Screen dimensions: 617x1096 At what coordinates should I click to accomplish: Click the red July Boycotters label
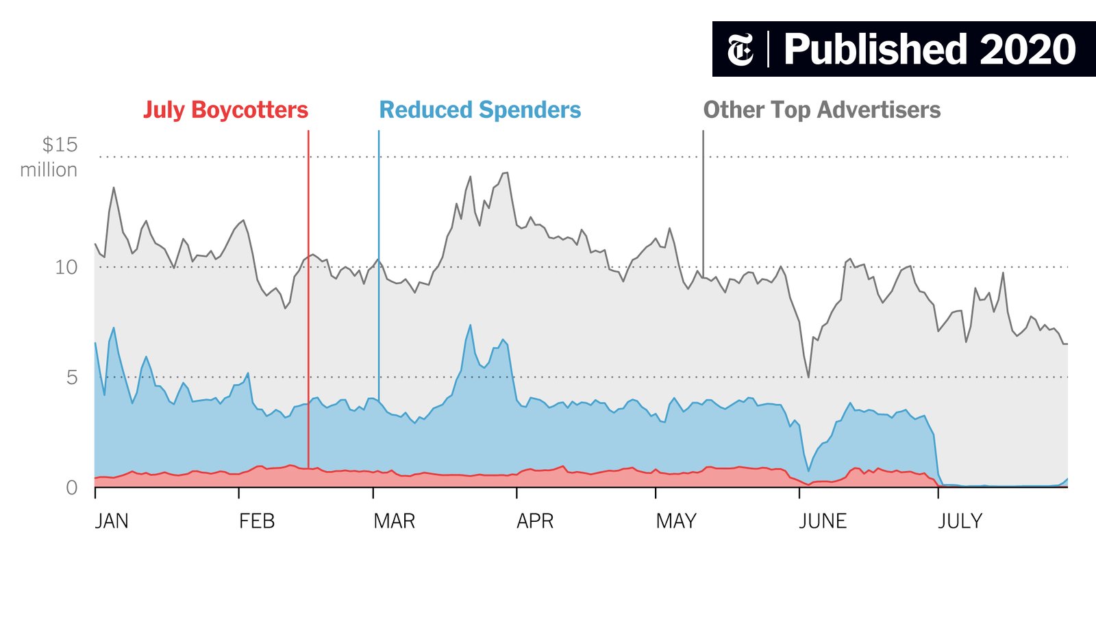[x=225, y=110]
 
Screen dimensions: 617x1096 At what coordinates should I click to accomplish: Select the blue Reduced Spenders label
[x=480, y=110]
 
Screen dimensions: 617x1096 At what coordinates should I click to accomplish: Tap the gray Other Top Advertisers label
[x=821, y=110]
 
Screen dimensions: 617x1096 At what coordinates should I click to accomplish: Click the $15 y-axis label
[x=60, y=145]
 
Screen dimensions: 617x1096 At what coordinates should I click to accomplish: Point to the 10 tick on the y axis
[x=66, y=267]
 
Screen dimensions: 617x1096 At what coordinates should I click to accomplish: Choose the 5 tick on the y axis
[x=72, y=377]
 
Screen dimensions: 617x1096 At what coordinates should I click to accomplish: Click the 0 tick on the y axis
[x=72, y=488]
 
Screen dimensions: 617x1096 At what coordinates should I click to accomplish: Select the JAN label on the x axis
[x=112, y=521]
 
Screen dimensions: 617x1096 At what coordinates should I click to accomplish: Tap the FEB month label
[x=257, y=521]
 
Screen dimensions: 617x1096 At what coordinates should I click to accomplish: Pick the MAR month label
[x=394, y=521]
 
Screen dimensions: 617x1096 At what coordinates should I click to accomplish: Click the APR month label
[x=535, y=521]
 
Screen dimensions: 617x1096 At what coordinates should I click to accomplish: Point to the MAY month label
[x=676, y=521]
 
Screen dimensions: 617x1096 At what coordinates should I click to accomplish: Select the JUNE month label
[x=823, y=521]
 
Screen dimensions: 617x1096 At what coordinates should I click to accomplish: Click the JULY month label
[x=960, y=521]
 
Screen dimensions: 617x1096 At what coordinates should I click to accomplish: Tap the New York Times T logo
[x=740, y=49]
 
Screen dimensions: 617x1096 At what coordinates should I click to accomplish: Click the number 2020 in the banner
[x=1027, y=49]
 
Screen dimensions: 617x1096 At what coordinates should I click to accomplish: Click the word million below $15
[x=49, y=170]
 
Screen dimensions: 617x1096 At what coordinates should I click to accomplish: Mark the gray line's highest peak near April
[x=506, y=173]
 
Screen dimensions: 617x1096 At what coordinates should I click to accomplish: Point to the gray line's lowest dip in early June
[x=808, y=377]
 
